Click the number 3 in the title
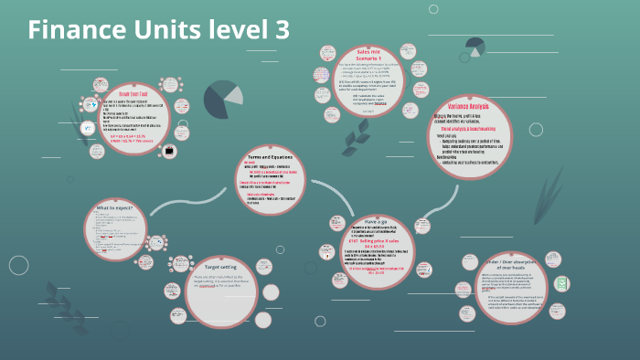click(x=281, y=29)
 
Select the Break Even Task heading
click(x=133, y=93)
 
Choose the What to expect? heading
click(x=118, y=209)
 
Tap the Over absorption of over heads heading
click(x=519, y=264)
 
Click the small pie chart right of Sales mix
click(x=475, y=46)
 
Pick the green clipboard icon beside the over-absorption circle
click(x=565, y=284)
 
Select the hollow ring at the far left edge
click(x=18, y=265)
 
